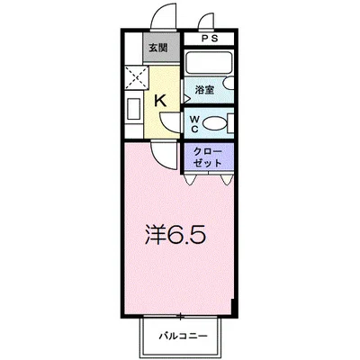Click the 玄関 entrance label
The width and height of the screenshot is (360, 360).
158,48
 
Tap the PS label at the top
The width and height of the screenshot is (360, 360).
210,38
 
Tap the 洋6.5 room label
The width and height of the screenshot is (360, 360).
177,236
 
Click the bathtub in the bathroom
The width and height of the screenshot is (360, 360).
209,66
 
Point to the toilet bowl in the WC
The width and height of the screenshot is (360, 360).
212,122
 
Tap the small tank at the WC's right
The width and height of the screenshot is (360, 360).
232,122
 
